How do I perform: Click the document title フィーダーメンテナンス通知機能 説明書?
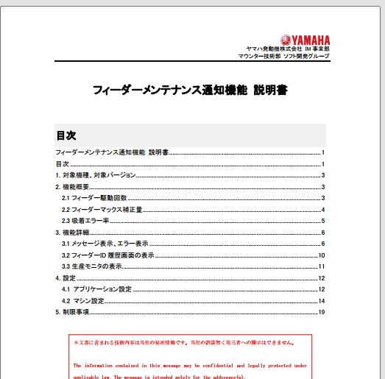(190, 91)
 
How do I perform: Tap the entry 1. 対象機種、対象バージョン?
(96, 175)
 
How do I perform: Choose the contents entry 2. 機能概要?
(73, 187)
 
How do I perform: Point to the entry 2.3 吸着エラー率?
(85, 221)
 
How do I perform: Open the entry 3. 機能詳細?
(73, 233)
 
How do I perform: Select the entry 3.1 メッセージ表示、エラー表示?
(105, 244)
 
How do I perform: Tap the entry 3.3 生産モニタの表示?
(91, 266)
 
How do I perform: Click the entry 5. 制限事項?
(73, 312)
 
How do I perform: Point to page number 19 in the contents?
(322, 312)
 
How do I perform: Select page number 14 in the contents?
(322, 301)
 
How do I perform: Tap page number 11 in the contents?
(322, 266)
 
